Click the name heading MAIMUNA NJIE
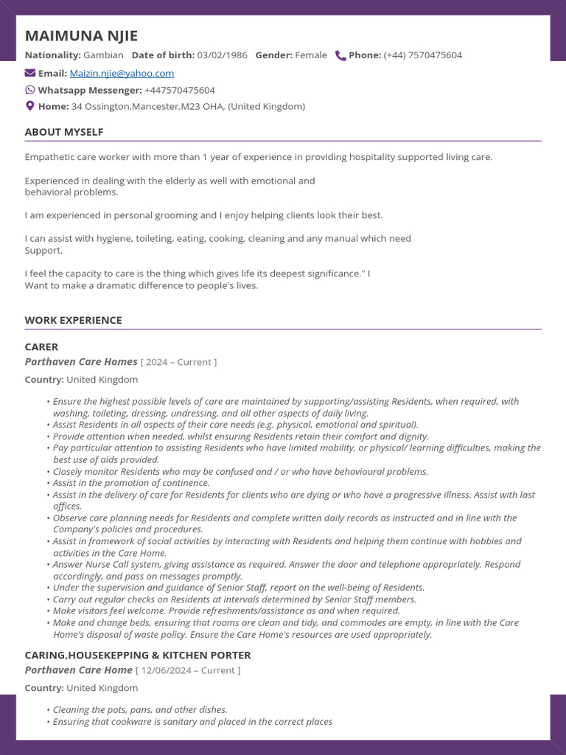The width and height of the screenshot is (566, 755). pyautogui.click(x=81, y=36)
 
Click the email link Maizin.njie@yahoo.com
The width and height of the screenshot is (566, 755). pyautogui.click(x=122, y=73)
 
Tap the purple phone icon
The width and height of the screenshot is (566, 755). pyautogui.click(x=340, y=55)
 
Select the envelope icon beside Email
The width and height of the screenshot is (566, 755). pyautogui.click(x=30, y=73)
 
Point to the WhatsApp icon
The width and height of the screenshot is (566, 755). pyautogui.click(x=30, y=90)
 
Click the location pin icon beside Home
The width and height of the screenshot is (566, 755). pyautogui.click(x=30, y=106)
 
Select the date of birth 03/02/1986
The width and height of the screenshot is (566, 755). pyautogui.click(x=223, y=55)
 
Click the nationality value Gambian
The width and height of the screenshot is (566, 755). pyautogui.click(x=103, y=55)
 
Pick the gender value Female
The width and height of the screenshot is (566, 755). pyautogui.click(x=311, y=55)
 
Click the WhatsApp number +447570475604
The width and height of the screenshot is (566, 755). pyautogui.click(x=180, y=90)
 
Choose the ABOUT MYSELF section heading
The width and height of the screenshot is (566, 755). pyautogui.click(x=64, y=132)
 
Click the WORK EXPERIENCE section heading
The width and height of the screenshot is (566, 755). pyautogui.click(x=73, y=320)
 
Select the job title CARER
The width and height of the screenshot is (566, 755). pyautogui.click(x=41, y=347)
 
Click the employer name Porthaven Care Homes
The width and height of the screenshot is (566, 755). pyautogui.click(x=81, y=362)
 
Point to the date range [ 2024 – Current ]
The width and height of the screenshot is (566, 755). pyautogui.click(x=178, y=363)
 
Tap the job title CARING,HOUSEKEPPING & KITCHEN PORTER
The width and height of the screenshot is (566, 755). pyautogui.click(x=138, y=655)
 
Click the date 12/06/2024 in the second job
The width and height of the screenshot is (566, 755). pyautogui.click(x=165, y=671)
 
